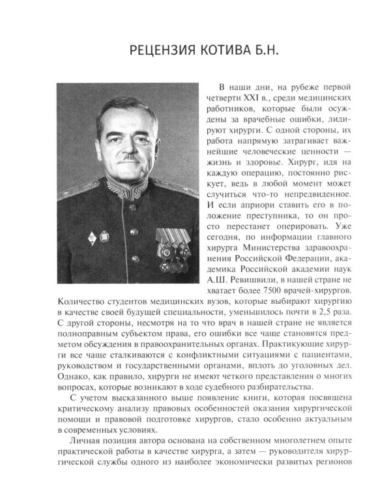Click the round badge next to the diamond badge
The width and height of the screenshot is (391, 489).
click(x=104, y=235)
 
